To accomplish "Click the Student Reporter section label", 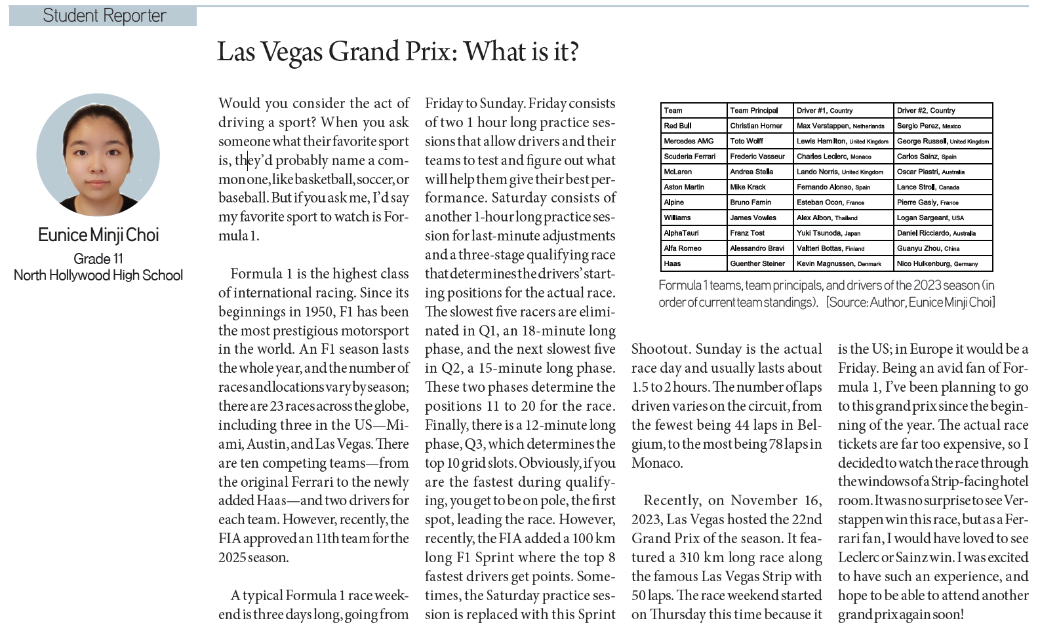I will (x=104, y=16).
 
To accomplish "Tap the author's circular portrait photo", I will (x=98, y=155).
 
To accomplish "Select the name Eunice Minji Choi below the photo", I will (x=98, y=235).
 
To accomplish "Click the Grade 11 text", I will (x=98, y=259).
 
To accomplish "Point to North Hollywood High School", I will (x=98, y=275).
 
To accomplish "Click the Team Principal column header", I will (x=754, y=111).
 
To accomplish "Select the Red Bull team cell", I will (x=677, y=126).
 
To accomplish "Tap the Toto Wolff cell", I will (x=747, y=141).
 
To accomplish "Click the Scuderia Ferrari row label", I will (x=689, y=157).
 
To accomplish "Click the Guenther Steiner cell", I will (x=757, y=264).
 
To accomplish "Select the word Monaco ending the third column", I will (x=656, y=463).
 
